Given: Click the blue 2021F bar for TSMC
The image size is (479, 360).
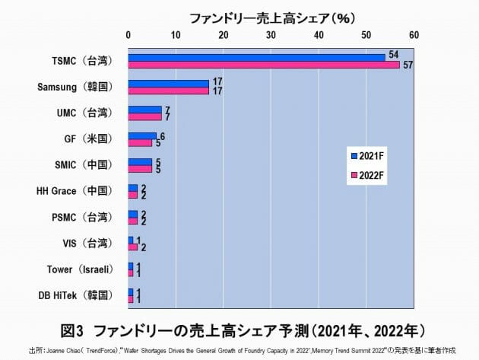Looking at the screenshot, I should point(256,57).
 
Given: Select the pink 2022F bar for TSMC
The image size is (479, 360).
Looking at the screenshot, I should point(264,65).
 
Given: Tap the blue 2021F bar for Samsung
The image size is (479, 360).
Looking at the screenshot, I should point(168,83).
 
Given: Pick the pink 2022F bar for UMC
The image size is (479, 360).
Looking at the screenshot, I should point(144,116).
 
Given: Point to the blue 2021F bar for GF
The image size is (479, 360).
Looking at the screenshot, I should point(142,135).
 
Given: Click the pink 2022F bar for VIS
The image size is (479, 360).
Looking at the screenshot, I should point(132,247).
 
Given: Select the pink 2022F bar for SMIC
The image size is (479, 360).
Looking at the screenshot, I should point(140,169).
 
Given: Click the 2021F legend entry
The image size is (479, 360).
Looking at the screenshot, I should point(367,155).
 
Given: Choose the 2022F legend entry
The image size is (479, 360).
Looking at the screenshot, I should point(367,176).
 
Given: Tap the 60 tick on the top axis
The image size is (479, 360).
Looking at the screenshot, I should point(414,34).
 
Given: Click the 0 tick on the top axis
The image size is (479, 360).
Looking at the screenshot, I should point(128,34).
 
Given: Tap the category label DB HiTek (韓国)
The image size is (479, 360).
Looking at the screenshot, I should point(75,295).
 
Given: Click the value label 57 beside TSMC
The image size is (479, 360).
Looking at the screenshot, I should point(408,66).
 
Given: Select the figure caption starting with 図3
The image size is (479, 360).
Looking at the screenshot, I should point(241,330).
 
